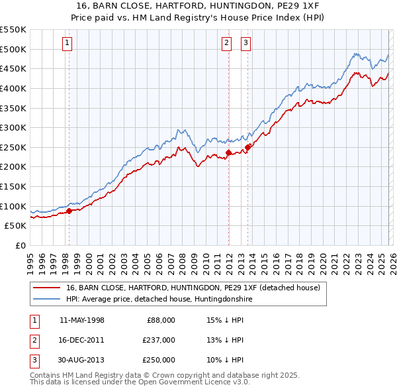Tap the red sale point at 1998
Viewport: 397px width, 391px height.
[69, 211]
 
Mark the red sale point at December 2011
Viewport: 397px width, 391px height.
[228, 152]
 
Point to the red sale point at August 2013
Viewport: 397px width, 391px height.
[247, 147]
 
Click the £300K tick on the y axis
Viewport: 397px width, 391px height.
[13, 127]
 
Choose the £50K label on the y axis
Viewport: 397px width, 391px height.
[15, 225]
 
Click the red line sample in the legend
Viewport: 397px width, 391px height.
[47, 288]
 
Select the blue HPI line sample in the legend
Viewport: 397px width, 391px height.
[47, 300]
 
